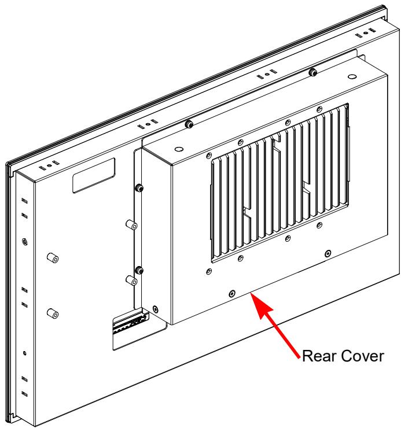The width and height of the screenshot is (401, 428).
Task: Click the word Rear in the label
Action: point(315,356)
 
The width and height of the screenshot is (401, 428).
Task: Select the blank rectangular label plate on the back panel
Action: point(94,175)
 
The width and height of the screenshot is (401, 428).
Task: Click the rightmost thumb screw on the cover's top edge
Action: point(313,73)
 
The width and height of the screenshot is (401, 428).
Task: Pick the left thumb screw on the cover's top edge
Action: point(189,124)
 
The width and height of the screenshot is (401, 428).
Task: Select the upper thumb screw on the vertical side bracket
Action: point(139,187)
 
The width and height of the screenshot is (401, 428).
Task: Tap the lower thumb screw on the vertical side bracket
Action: point(139,270)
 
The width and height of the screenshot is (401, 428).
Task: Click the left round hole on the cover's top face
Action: point(179,150)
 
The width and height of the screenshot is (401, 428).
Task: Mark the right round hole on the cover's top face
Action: point(352,77)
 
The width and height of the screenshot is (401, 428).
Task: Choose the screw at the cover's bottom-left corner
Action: point(156,309)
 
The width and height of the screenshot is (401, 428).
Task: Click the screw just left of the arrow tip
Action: point(232,293)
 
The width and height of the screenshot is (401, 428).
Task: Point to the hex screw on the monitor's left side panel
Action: point(24,242)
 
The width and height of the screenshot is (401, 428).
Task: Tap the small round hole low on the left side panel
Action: point(24,353)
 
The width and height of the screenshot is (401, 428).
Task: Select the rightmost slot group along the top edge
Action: point(365,32)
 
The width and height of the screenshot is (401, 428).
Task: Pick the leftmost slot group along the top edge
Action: point(49,165)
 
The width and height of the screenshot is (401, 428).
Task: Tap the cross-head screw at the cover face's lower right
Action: point(328,253)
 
